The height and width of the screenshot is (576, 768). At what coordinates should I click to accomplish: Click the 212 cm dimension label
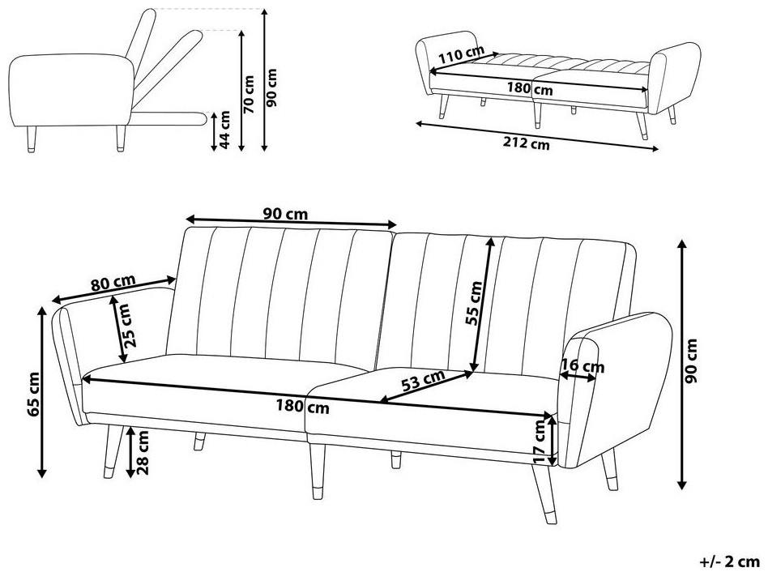click(x=526, y=143)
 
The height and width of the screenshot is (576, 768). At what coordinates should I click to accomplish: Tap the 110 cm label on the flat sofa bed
click(x=461, y=54)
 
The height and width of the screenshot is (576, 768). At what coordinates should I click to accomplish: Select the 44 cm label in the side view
click(x=224, y=130)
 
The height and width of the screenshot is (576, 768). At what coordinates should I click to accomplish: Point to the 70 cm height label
click(x=250, y=94)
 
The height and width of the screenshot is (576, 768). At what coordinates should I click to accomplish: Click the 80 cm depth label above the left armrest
click(x=113, y=283)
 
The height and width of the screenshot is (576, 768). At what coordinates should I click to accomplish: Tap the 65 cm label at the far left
click(x=34, y=394)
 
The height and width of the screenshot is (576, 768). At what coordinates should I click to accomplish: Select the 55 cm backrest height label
click(x=474, y=303)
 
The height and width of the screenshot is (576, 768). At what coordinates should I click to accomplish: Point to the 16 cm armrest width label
click(x=582, y=366)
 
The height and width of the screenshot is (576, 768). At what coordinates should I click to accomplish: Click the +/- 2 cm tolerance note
click(x=730, y=561)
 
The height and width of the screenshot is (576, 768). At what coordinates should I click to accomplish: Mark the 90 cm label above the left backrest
click(x=285, y=214)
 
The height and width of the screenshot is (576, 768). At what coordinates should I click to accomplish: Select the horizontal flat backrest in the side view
click(x=169, y=117)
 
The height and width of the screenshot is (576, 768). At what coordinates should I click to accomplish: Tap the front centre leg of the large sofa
click(x=318, y=471)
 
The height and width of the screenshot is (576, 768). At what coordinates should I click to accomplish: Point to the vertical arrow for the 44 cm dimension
click(x=214, y=131)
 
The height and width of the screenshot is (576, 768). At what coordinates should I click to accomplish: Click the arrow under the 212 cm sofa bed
click(x=537, y=136)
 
